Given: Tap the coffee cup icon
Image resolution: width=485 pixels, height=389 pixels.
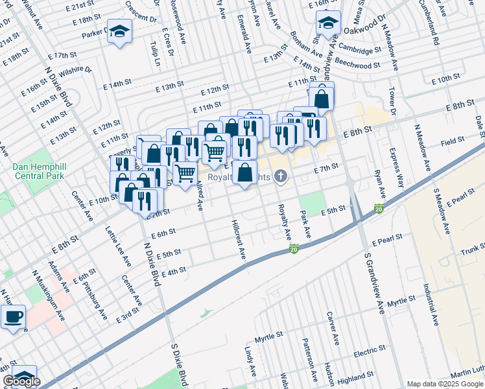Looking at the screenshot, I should pyautogui.click(x=13, y=318).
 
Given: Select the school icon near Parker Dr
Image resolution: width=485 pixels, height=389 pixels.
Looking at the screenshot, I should pyautogui.click(x=119, y=32).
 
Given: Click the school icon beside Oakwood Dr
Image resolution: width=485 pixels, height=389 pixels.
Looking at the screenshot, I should pyautogui.click(x=328, y=24).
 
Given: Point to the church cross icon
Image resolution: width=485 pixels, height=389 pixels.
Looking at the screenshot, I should pyautogui.click(x=280, y=175).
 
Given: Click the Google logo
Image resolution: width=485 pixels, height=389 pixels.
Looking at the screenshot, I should pyautogui.click(x=21, y=381).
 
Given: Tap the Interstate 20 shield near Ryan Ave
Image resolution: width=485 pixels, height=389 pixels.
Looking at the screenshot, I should pyautogui.click(x=378, y=208).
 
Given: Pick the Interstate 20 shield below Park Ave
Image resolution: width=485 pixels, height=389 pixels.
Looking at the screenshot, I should pyautogui.click(x=294, y=249).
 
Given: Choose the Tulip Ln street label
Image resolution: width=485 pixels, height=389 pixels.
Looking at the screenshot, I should pyautogui.click(x=155, y=56).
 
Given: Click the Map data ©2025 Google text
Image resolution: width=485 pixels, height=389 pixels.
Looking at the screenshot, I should pyautogui.click(x=444, y=384).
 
